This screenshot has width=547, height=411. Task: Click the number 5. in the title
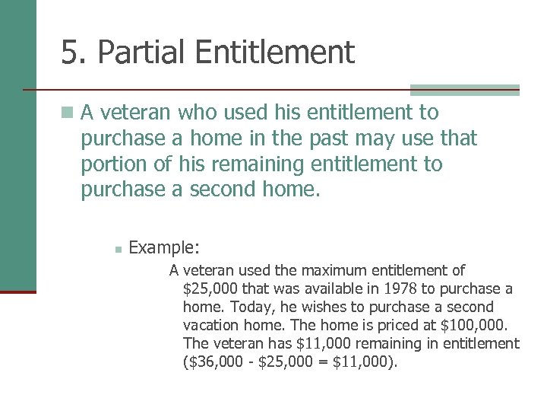(74, 53)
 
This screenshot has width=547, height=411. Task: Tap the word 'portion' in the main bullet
(115, 164)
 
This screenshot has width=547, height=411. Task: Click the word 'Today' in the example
(245, 307)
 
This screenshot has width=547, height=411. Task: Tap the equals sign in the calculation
(324, 362)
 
